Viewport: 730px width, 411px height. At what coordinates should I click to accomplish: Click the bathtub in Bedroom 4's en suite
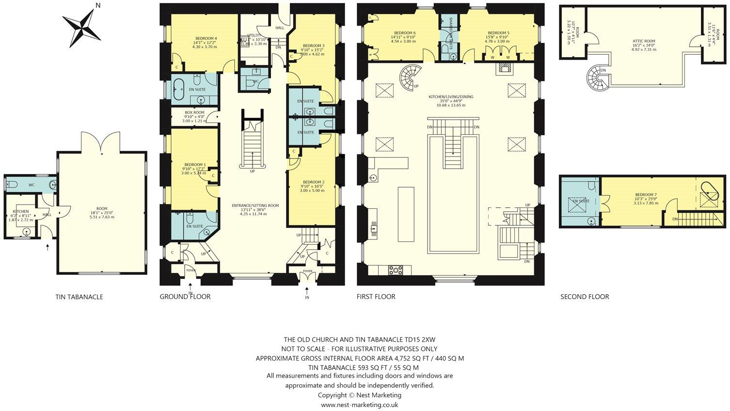178,89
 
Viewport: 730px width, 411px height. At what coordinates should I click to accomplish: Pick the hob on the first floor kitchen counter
397,270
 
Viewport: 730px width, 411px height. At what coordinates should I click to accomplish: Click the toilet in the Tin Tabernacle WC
13,184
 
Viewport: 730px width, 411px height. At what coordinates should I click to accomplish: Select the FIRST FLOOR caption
376,297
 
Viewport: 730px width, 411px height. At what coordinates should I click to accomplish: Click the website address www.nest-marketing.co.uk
359,405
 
